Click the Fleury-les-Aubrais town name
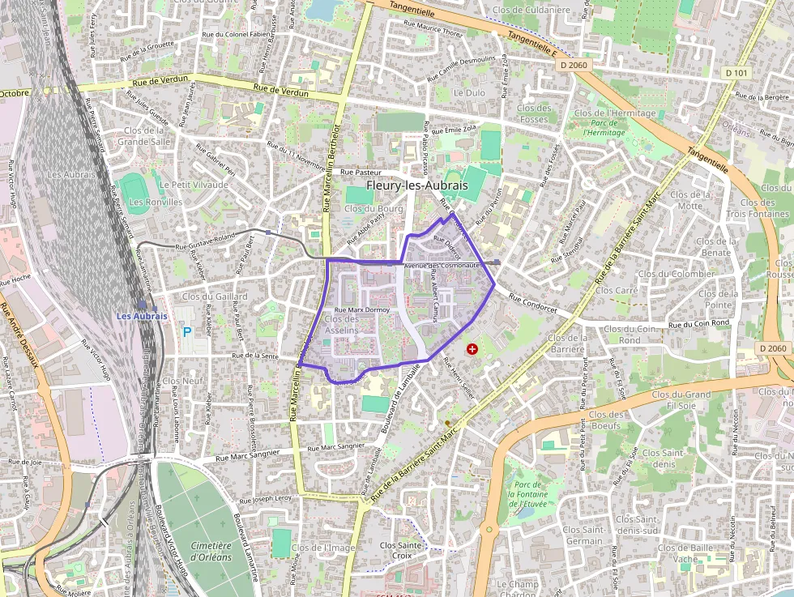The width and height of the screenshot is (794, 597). click(416, 185)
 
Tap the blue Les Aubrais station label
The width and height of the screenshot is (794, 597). click(142, 316)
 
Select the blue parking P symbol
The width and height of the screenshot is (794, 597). click(187, 331)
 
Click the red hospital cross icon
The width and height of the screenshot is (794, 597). click(472, 348)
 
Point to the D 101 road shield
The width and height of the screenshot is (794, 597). click(736, 73)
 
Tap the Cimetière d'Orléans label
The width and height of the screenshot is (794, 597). click(211, 552)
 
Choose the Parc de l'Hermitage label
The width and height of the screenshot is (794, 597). click(604, 127)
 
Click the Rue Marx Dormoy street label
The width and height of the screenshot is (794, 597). click(362, 309)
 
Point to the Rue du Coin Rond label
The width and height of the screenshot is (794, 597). click(698, 324)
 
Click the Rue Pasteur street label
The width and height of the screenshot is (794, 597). click(361, 173)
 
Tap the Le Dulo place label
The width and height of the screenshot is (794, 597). click(469, 93)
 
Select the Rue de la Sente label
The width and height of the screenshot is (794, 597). click(255, 356)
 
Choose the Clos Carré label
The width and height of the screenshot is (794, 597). click(617, 290)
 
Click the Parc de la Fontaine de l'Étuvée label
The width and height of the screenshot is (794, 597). click(527, 493)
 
